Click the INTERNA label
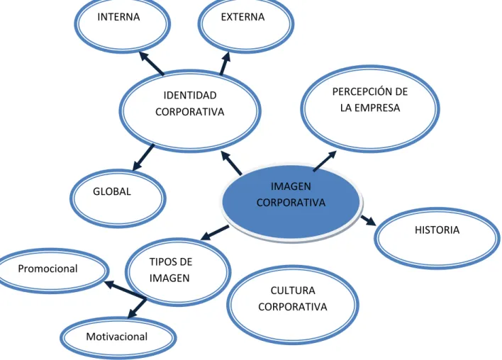click(118, 17)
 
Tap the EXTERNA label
click(242, 17)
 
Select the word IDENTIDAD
click(190, 96)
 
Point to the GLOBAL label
click(112, 191)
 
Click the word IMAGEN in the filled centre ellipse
click(291, 186)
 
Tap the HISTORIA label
click(437, 230)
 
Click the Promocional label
click(48, 269)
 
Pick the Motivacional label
click(117, 337)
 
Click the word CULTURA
click(293, 291)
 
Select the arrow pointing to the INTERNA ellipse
click(152, 63)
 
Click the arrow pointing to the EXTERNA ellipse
click(225, 63)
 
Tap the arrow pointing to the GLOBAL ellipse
click(143, 157)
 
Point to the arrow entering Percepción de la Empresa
click(325, 161)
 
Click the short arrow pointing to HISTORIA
click(368, 220)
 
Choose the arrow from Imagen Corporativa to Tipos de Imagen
click(215, 232)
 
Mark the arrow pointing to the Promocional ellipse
click(125, 291)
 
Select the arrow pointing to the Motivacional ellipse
click(137, 308)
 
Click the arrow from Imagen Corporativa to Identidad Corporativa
click(231, 163)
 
